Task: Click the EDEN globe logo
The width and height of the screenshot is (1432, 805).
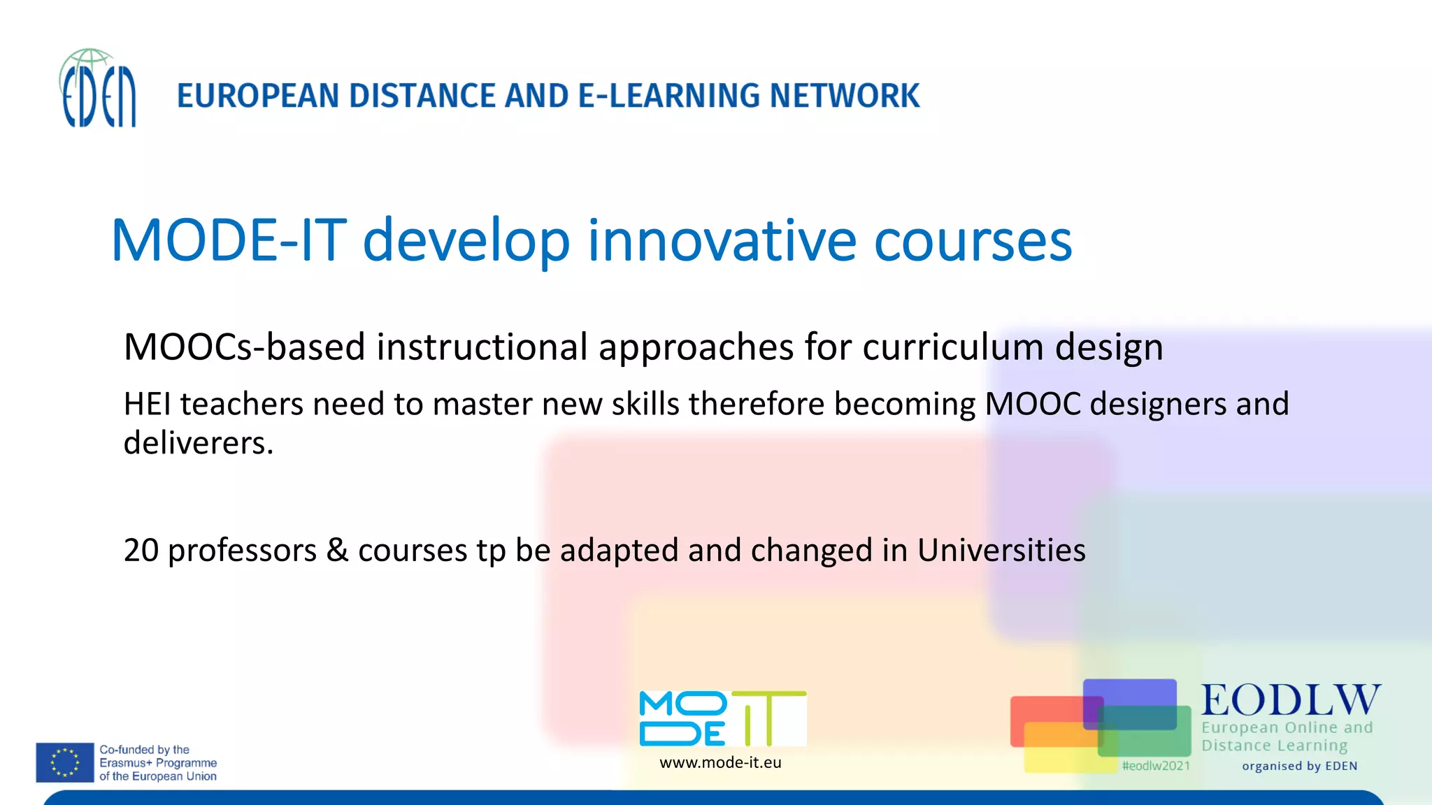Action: (x=98, y=89)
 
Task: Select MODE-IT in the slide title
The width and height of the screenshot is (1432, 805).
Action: (x=229, y=240)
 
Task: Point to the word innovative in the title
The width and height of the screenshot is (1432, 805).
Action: (x=722, y=240)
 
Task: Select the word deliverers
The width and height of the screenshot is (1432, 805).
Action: (x=198, y=443)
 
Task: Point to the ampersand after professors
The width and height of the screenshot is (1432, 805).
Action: (x=337, y=550)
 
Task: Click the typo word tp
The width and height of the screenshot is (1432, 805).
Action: (x=491, y=551)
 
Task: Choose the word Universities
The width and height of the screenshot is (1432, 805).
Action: (x=1001, y=550)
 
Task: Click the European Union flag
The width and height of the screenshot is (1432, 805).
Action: (x=65, y=762)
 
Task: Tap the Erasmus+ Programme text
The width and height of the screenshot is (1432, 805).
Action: (x=158, y=763)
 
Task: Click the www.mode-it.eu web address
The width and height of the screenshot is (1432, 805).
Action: (x=720, y=763)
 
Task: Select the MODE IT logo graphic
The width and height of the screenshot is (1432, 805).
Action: (x=722, y=718)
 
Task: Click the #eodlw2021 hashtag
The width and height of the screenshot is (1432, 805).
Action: (x=1156, y=766)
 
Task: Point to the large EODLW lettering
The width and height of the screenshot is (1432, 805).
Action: (x=1291, y=700)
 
